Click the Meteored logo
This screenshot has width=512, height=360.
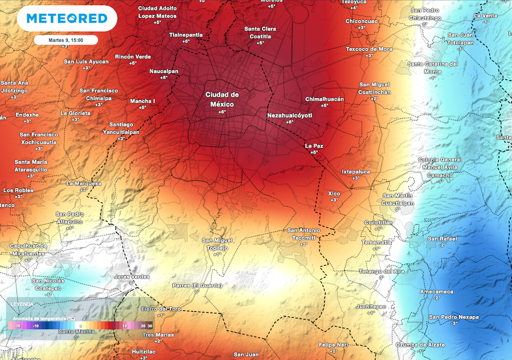[67, 19]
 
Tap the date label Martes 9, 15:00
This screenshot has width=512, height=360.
[66, 40]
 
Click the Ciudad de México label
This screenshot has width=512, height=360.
[222, 99]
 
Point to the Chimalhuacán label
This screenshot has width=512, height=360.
[324, 99]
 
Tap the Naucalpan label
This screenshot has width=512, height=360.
[163, 71]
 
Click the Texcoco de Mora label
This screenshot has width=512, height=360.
[369, 49]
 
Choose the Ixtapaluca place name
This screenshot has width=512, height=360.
[355, 171]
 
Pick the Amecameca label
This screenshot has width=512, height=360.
[436, 291]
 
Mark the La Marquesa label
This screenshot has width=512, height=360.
[83, 183]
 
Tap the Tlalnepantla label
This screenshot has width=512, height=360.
[186, 34]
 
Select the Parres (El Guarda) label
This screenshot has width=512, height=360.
[196, 285]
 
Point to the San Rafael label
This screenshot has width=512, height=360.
[442, 238]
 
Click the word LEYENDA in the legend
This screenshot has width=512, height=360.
[22, 304]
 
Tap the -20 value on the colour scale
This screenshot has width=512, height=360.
[16, 325]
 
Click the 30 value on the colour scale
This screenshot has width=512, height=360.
[149, 325]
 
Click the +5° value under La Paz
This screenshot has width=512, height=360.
[314, 152]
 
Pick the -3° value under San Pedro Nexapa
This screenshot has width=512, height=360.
[454, 323]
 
